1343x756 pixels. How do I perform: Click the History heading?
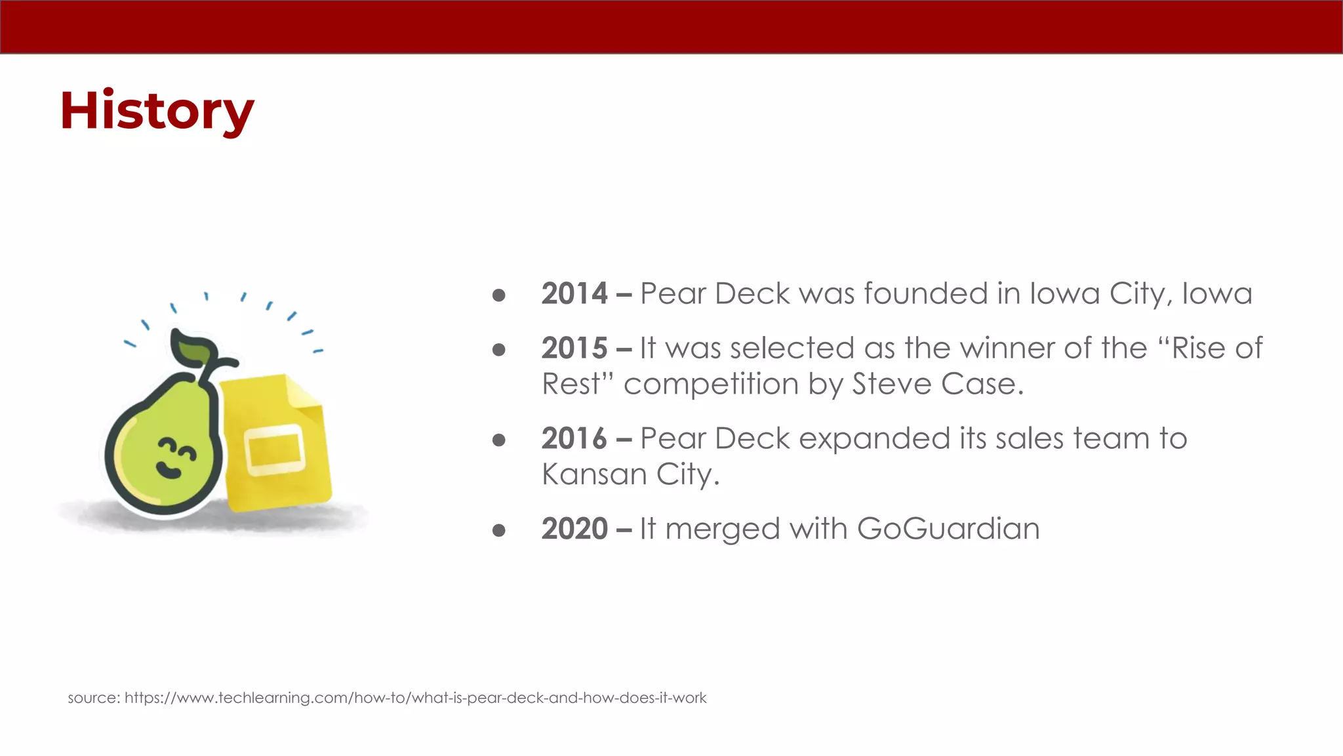tap(157, 111)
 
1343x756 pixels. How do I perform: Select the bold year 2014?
tap(574, 293)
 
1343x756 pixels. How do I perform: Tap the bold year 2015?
tap(574, 348)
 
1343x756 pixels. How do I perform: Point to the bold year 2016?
tap(574, 438)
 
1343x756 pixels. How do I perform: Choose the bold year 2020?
tap(574, 529)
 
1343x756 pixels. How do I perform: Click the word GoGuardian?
tap(948, 529)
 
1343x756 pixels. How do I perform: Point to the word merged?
tap(722, 529)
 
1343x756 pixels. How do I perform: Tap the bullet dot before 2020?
tap(499, 530)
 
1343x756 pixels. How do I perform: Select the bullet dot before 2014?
tap(499, 295)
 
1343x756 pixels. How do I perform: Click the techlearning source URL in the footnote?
tap(415, 698)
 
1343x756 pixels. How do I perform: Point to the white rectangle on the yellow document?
tap(275, 449)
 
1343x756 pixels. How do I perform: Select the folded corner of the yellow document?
tap(303, 392)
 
